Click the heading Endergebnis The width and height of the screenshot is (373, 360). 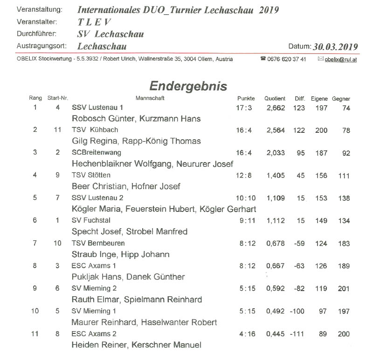coord(188,86)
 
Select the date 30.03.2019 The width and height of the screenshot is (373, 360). coord(336,47)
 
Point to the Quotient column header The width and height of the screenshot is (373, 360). coord(275,99)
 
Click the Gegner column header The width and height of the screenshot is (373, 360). coord(341,99)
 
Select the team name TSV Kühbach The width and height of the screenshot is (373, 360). coord(95,130)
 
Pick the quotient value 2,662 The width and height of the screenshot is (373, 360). coord(275,108)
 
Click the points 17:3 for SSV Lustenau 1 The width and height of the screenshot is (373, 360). coord(244,108)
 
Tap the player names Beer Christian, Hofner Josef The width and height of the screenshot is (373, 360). coord(125,186)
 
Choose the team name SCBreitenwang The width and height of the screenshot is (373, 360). coord(97,153)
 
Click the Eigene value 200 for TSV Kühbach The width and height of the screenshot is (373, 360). coord(321,130)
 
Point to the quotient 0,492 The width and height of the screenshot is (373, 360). coord(275,311)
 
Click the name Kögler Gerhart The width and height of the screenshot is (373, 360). coord(228,209)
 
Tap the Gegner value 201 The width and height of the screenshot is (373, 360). coord(343,288)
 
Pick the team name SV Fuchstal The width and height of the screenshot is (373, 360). coord(91,220)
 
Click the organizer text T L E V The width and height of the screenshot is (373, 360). coord(94,22)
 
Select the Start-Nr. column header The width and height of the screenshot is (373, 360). coord(58,99)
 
